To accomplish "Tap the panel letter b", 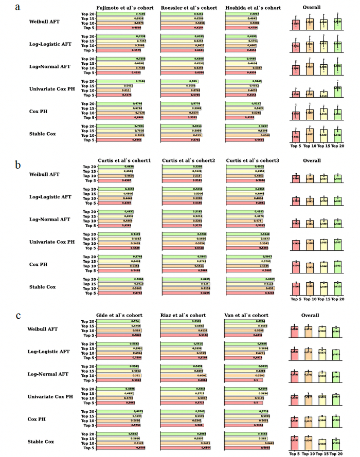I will pyautogui.click(x=18, y=165).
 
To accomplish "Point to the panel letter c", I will pyautogui.click(x=18, y=315).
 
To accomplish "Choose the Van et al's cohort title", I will pyautogui.click(x=246, y=315).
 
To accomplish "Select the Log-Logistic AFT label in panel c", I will pyautogui.click(x=49, y=352).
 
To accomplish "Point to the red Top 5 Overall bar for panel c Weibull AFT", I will pyautogui.click(x=294, y=332).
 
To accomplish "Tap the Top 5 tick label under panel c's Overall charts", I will pyautogui.click(x=295, y=453).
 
